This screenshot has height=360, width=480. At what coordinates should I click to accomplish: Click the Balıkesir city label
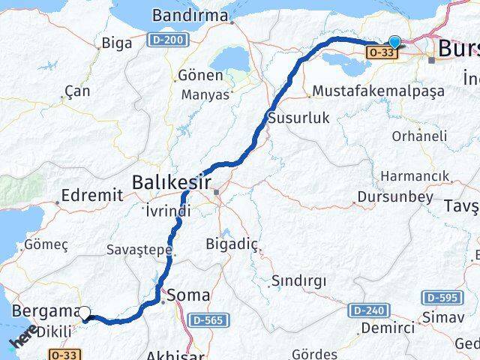(x=170, y=182)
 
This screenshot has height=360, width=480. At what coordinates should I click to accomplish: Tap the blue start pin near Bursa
(x=394, y=44)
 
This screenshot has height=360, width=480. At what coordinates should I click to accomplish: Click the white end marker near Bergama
(x=85, y=313)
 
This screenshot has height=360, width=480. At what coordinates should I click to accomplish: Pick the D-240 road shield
(x=365, y=310)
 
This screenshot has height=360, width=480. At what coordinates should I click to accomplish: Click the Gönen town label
(x=200, y=76)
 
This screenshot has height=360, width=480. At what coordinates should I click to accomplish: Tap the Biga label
(x=116, y=42)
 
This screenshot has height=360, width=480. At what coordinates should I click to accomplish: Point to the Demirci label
(x=387, y=328)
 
